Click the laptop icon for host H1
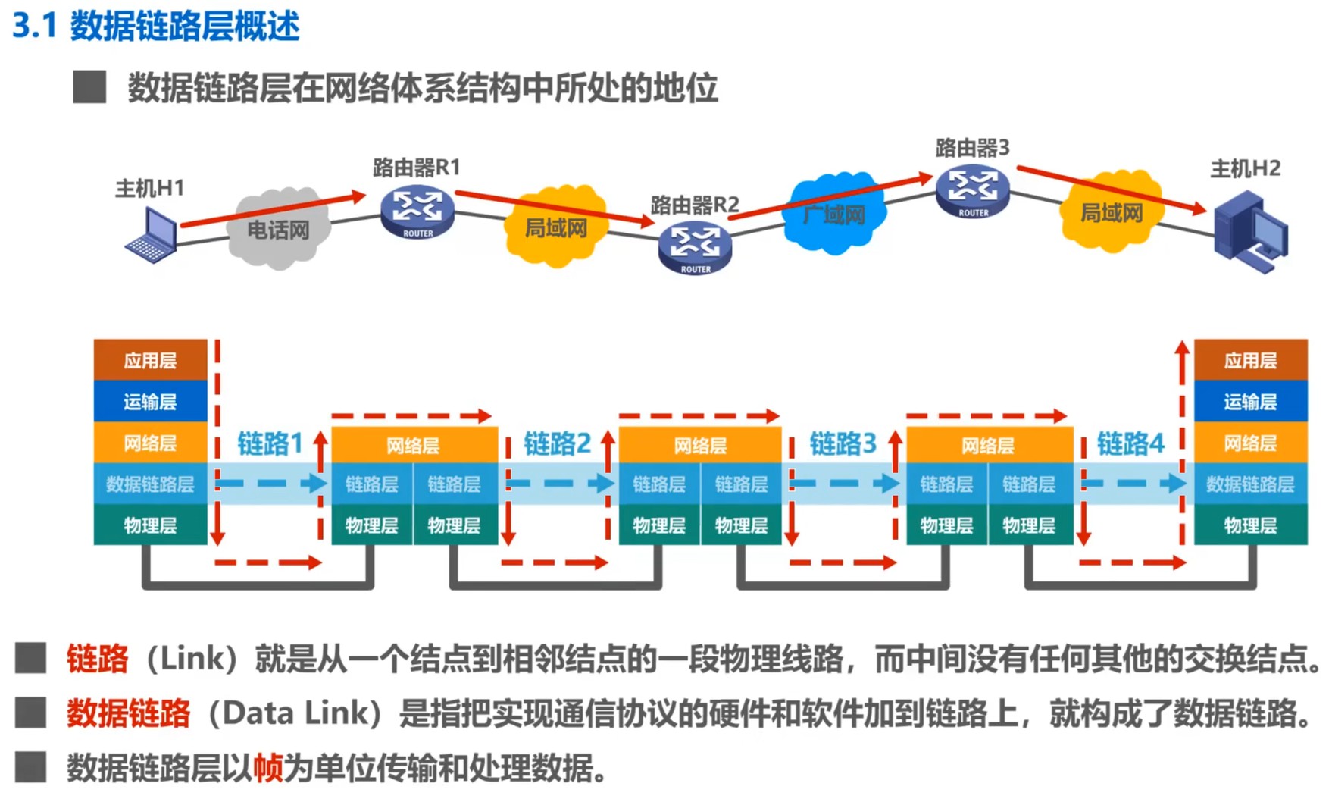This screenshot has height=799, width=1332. [x=152, y=236]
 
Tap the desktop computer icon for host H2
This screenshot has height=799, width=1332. [x=1249, y=232]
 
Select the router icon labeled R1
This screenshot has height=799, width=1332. [x=417, y=212]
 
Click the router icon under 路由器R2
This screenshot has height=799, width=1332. [x=695, y=246]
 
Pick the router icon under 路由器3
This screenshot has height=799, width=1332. [x=973, y=191]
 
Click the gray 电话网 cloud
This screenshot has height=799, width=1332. [x=279, y=228]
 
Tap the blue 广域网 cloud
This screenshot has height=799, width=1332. [x=833, y=214]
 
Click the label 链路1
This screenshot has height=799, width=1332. [x=270, y=443]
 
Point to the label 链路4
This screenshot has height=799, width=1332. [x=1130, y=443]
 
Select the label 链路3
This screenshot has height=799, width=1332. [x=843, y=443]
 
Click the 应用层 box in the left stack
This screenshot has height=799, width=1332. [x=150, y=360]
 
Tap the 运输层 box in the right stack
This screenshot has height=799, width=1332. [x=1250, y=401]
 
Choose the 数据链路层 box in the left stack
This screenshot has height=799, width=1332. [x=150, y=484]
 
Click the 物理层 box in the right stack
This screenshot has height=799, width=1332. [x=1250, y=525]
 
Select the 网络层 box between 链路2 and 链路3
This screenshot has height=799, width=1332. [x=699, y=445]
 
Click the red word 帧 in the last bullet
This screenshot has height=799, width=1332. [x=267, y=768]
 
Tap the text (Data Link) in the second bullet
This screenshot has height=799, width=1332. [x=295, y=713]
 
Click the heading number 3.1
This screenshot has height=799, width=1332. [x=35, y=26]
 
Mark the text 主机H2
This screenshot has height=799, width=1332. [x=1245, y=168]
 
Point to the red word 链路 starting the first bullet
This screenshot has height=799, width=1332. [x=97, y=658]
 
